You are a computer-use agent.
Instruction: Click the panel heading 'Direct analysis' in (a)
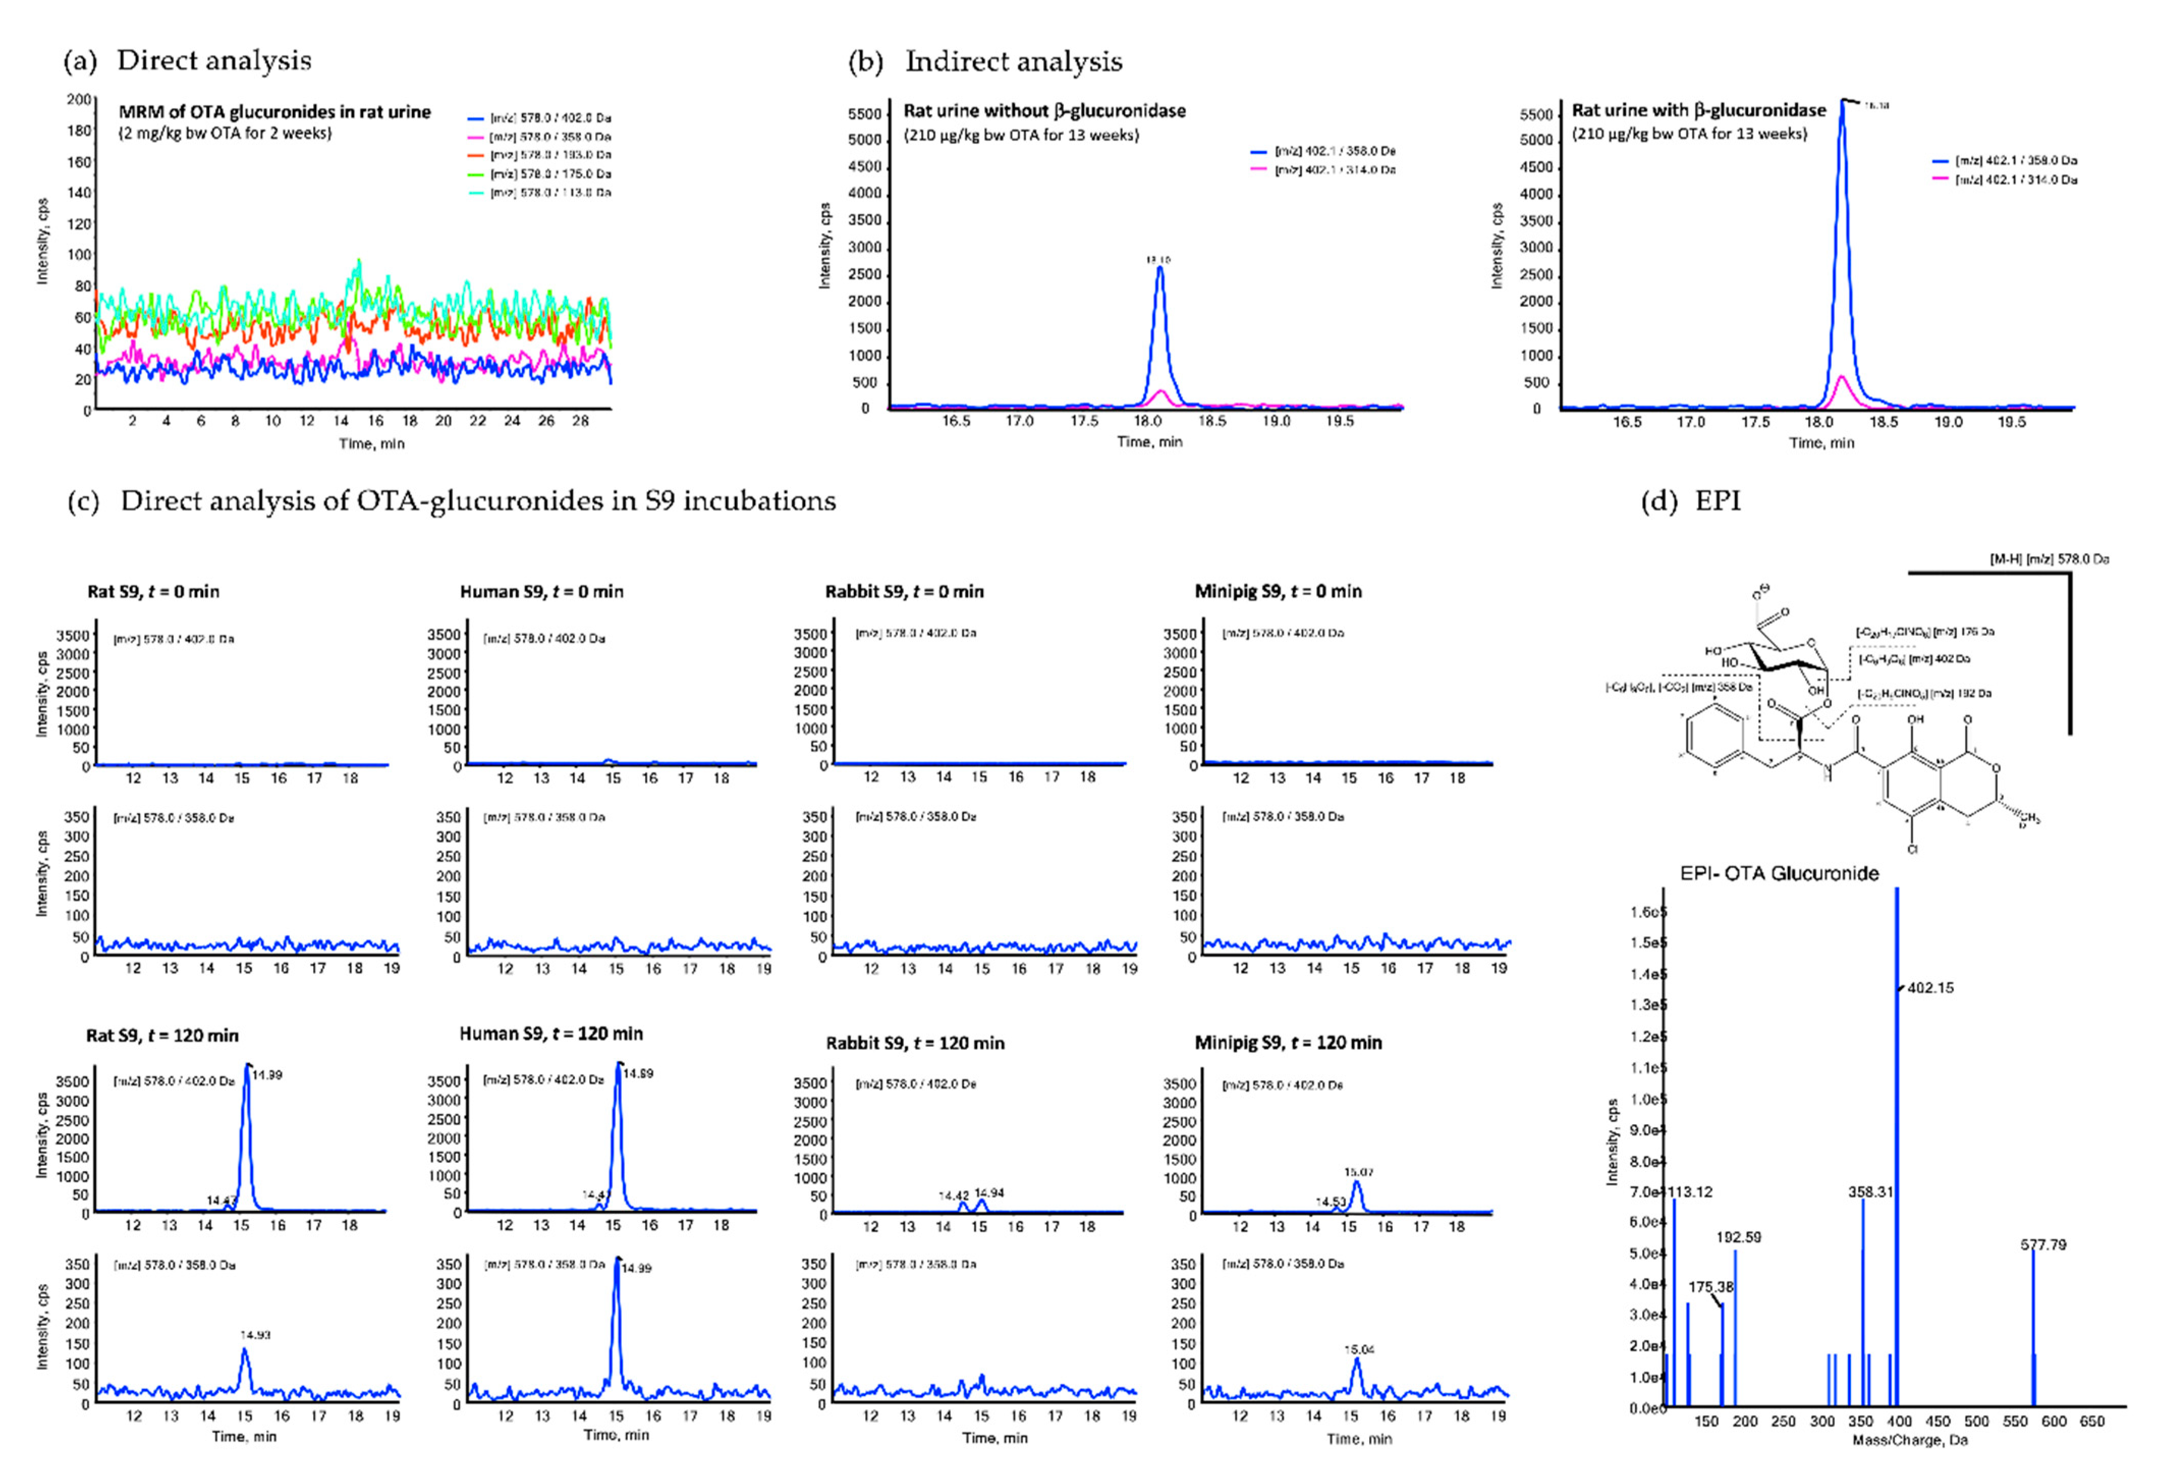[x=214, y=61]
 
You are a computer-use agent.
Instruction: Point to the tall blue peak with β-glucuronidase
[x=1842, y=104]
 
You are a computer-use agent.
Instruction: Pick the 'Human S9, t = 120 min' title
[x=551, y=1034]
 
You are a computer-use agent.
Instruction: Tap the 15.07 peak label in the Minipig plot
[x=1358, y=1172]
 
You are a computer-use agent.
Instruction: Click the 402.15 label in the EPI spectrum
[x=1930, y=987]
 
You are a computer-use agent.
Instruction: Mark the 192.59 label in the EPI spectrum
[x=1738, y=1237]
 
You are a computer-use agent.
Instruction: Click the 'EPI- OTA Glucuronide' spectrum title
[x=1779, y=873]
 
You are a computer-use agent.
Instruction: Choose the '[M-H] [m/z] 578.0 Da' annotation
[x=2049, y=559]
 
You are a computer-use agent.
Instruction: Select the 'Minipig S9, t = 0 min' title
[x=1278, y=592]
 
